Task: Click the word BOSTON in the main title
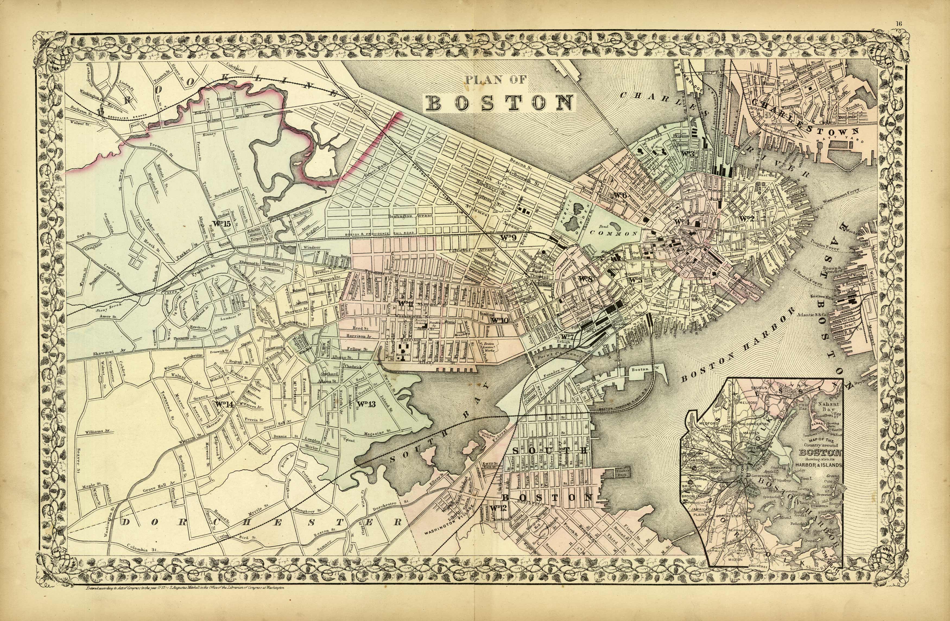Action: pos(499,103)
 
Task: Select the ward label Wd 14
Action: pos(224,405)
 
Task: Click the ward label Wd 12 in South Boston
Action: pos(497,508)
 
